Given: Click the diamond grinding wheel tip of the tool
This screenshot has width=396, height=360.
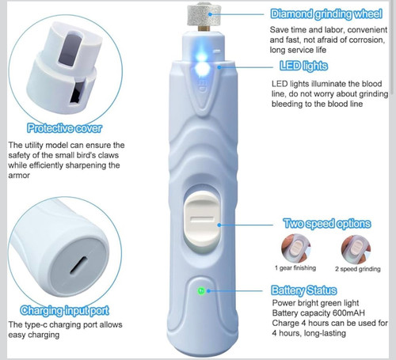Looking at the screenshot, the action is tap(204, 15).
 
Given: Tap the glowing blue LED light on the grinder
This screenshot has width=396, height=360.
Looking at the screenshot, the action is tap(202, 66).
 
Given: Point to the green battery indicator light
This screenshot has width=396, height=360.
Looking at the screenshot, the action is tap(201, 291).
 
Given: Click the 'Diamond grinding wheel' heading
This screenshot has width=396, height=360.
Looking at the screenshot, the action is tap(326, 14).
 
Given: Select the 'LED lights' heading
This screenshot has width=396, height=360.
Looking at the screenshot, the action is tap(304, 66).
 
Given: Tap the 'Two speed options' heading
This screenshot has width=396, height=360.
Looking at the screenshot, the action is tap(327, 224).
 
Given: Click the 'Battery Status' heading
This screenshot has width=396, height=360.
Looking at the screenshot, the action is tap(304, 290).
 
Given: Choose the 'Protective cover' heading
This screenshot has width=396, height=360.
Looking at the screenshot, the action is tap(64, 128).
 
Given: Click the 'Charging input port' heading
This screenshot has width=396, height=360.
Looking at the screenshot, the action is tap(64, 311).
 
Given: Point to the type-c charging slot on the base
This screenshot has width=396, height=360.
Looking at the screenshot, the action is tap(78, 265).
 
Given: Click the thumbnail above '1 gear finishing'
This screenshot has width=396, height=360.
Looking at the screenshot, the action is tap(295, 248).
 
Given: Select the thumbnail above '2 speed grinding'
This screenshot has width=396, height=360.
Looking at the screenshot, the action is tap(356, 249).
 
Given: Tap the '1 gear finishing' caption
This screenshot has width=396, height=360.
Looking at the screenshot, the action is tap(295, 268).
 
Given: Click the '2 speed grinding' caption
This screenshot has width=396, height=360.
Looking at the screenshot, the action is tap(358, 269).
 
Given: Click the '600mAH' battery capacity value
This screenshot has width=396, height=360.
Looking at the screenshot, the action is tap(348, 313).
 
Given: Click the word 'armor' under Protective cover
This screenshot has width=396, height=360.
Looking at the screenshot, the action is tap(19, 176).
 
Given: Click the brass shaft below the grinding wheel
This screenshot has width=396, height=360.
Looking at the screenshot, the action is tap(204, 28).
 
